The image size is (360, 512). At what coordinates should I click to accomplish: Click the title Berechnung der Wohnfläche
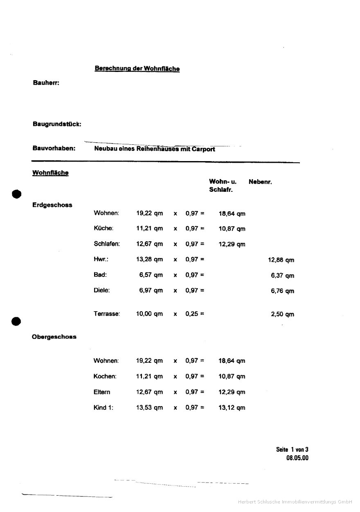click(x=137, y=69)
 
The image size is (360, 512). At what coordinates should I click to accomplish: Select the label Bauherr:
click(x=46, y=83)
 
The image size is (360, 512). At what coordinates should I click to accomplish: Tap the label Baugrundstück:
click(x=56, y=124)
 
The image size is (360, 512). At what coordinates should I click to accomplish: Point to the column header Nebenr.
click(x=260, y=182)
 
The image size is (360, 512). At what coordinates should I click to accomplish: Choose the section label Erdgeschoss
click(x=52, y=205)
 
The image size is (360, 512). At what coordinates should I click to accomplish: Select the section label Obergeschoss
click(x=54, y=337)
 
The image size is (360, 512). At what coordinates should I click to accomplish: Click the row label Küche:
click(x=103, y=228)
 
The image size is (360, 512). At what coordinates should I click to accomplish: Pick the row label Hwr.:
click(x=101, y=259)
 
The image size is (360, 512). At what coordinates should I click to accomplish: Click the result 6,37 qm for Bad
click(x=282, y=276)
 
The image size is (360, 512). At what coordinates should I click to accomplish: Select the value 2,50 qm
click(x=282, y=314)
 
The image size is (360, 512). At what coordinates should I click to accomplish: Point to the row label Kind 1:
click(x=103, y=407)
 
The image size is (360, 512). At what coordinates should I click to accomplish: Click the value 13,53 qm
click(x=149, y=408)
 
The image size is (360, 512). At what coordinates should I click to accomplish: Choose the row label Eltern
click(x=102, y=392)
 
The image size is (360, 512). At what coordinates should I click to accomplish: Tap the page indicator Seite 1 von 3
click(x=292, y=450)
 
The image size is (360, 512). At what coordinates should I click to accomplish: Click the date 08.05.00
click(x=297, y=458)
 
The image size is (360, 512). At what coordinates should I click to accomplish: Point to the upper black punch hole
click(x=16, y=194)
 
